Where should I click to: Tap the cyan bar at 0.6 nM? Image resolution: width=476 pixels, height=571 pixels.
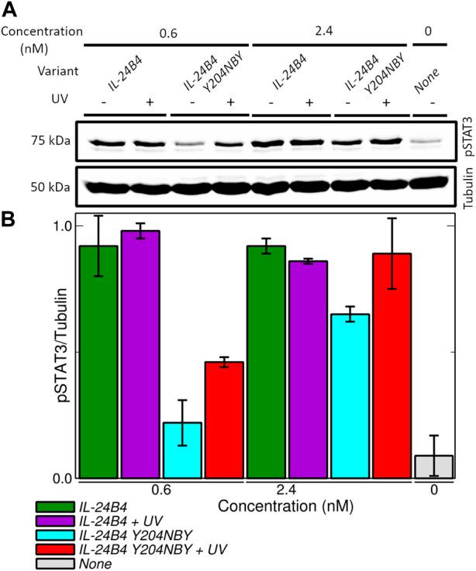181,450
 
